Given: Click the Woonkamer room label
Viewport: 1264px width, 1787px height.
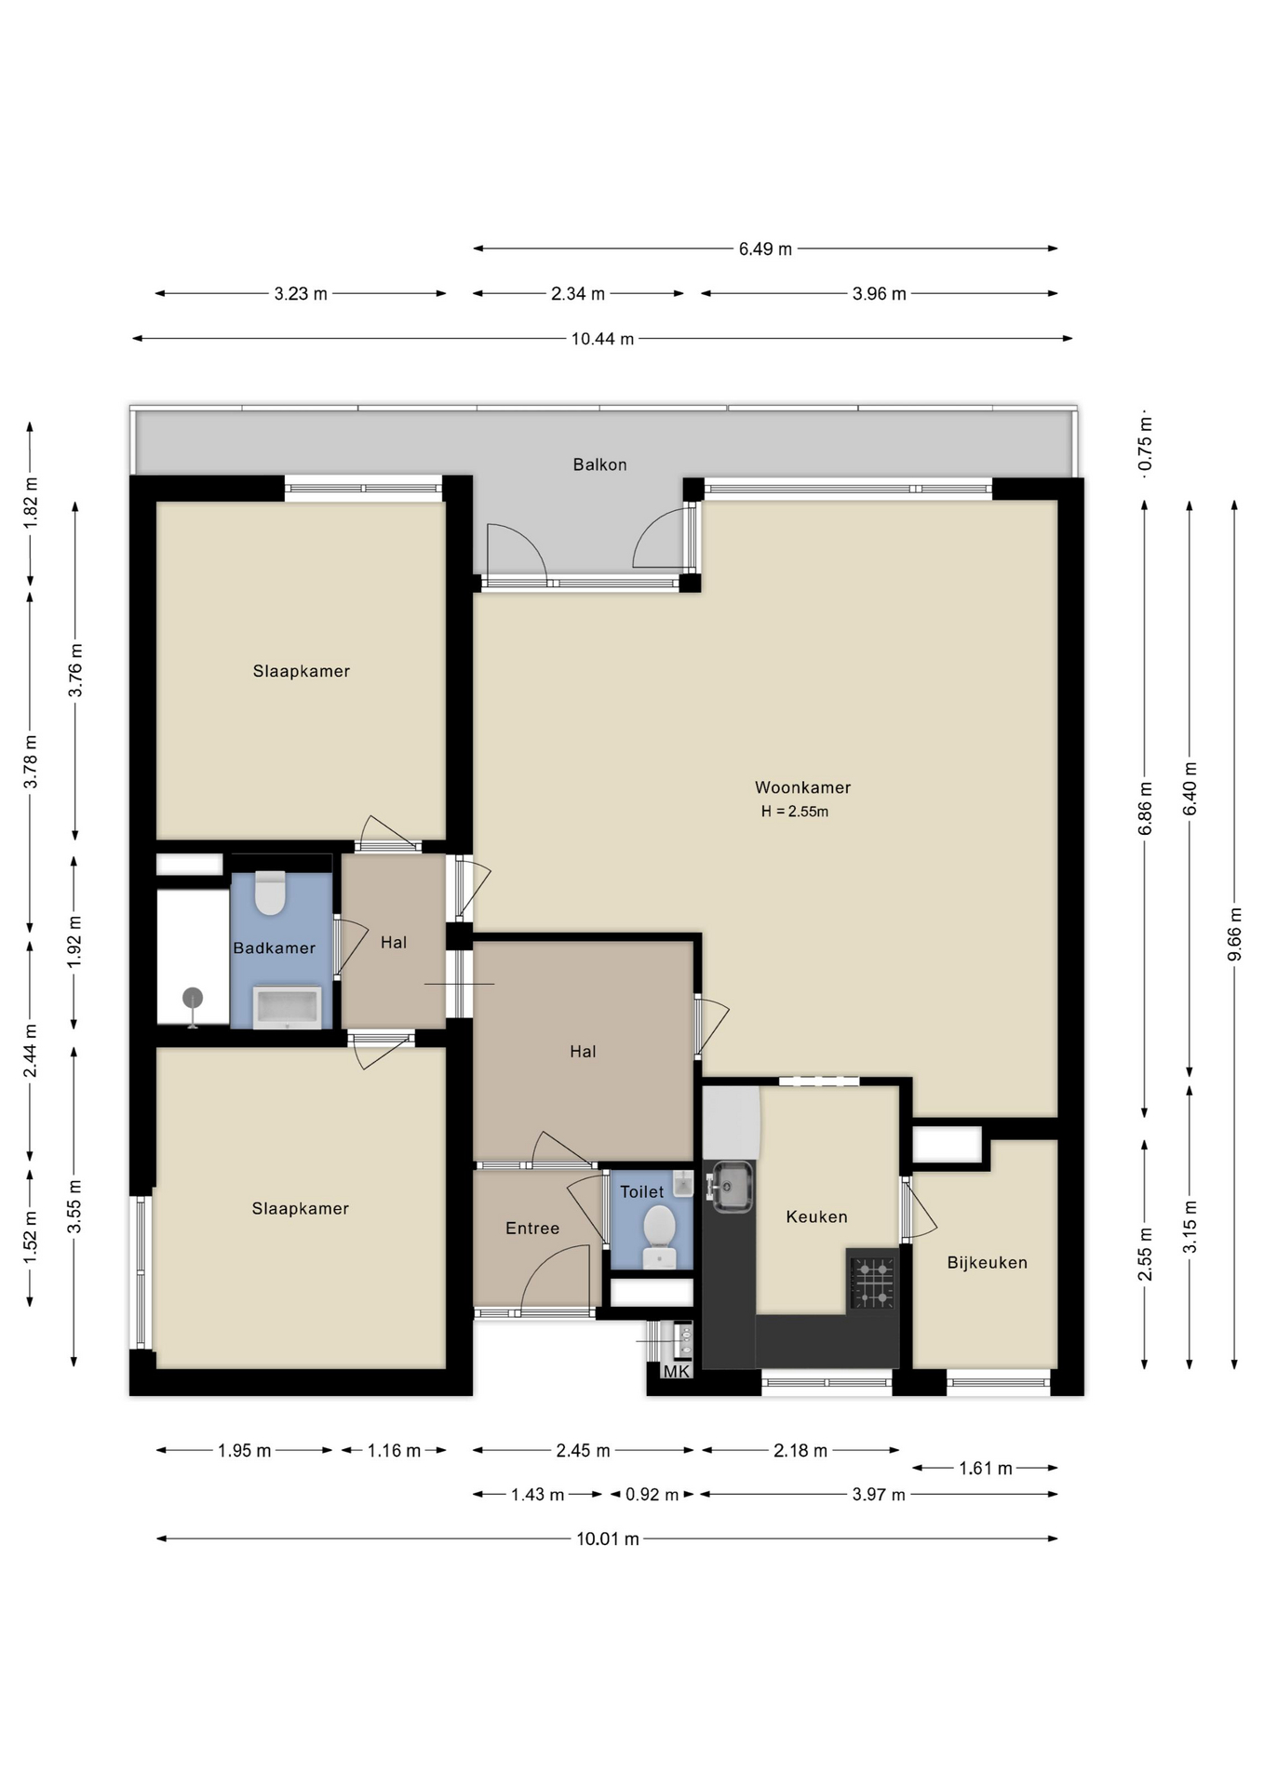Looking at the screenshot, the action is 802,787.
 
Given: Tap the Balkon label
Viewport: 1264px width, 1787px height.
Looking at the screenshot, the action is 599,464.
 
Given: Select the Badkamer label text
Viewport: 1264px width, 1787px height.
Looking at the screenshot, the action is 274,948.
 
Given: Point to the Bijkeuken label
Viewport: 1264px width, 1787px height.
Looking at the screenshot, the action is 987,1263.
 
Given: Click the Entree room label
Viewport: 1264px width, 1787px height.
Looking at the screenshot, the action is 532,1229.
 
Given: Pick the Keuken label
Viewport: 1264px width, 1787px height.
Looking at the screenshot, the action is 816,1216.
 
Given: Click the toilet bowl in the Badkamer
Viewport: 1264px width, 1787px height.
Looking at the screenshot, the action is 270,893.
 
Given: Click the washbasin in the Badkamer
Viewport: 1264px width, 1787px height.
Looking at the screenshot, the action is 288,1007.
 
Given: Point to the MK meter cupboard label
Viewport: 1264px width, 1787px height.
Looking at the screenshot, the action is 677,1372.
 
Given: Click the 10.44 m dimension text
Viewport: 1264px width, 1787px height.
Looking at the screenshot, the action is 602,339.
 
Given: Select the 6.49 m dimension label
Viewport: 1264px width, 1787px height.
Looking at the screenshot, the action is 765,249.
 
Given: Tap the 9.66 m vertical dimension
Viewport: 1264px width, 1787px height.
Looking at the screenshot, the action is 1235,934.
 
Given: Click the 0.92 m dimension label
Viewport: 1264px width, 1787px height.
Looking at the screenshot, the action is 652,1495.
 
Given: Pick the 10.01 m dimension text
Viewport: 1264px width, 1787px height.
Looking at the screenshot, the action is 608,1538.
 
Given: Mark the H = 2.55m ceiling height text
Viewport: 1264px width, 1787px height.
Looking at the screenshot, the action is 795,812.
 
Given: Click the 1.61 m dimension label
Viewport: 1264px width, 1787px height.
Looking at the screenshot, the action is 986,1469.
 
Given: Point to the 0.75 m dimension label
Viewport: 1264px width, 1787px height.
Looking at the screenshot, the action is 1146,443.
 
